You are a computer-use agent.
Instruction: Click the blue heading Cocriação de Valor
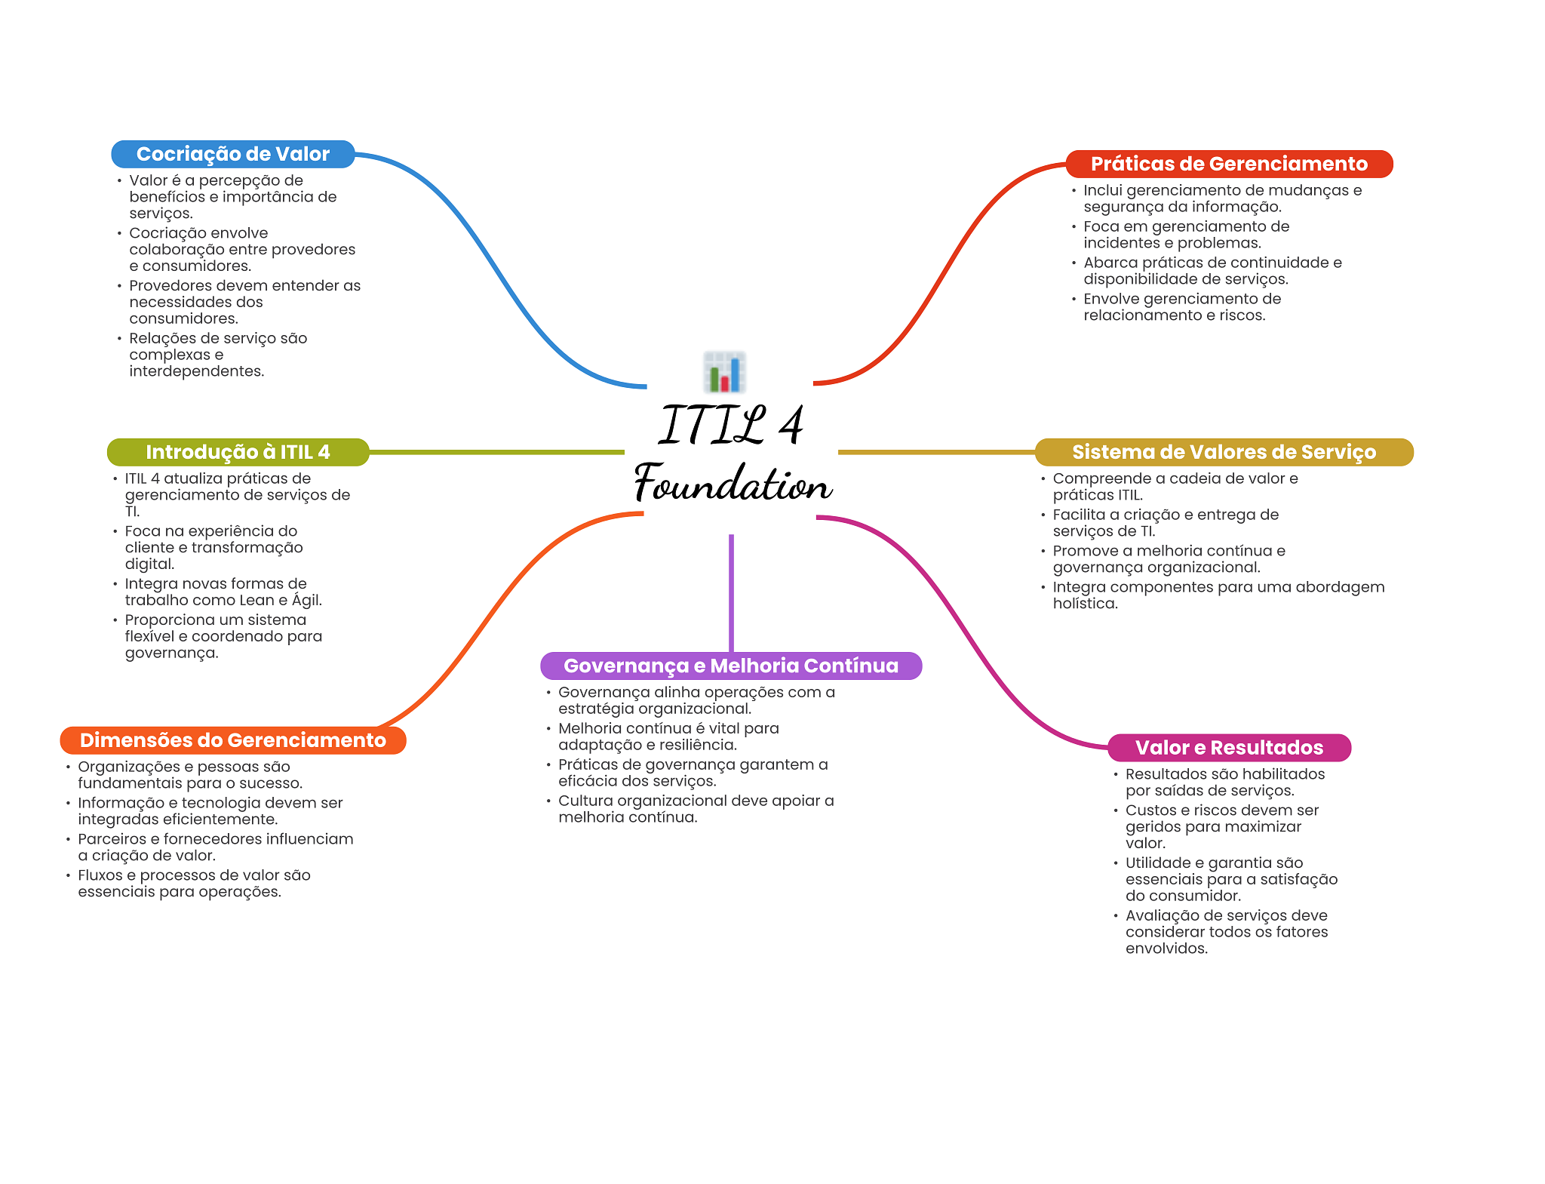coord(232,154)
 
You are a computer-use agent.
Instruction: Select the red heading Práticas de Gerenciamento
coord(1228,164)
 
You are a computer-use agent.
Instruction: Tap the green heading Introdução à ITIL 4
coord(238,452)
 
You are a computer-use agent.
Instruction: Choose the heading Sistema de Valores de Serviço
coord(1224,452)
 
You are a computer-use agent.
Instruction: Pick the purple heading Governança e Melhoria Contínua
coord(731,666)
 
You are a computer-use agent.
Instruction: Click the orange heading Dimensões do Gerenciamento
coord(232,740)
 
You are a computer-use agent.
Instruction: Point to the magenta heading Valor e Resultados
coord(1229,748)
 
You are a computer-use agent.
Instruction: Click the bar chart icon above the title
coord(725,371)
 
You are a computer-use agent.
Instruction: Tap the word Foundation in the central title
coord(733,484)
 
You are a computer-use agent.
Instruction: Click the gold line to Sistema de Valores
coord(935,452)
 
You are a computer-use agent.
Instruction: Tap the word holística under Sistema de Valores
coord(1085,604)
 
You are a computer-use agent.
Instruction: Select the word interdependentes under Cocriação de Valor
coord(196,371)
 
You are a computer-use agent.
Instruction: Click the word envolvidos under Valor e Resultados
coord(1166,949)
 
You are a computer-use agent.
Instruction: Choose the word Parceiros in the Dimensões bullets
coord(111,839)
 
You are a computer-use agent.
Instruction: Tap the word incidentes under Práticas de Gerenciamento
coord(1119,243)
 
